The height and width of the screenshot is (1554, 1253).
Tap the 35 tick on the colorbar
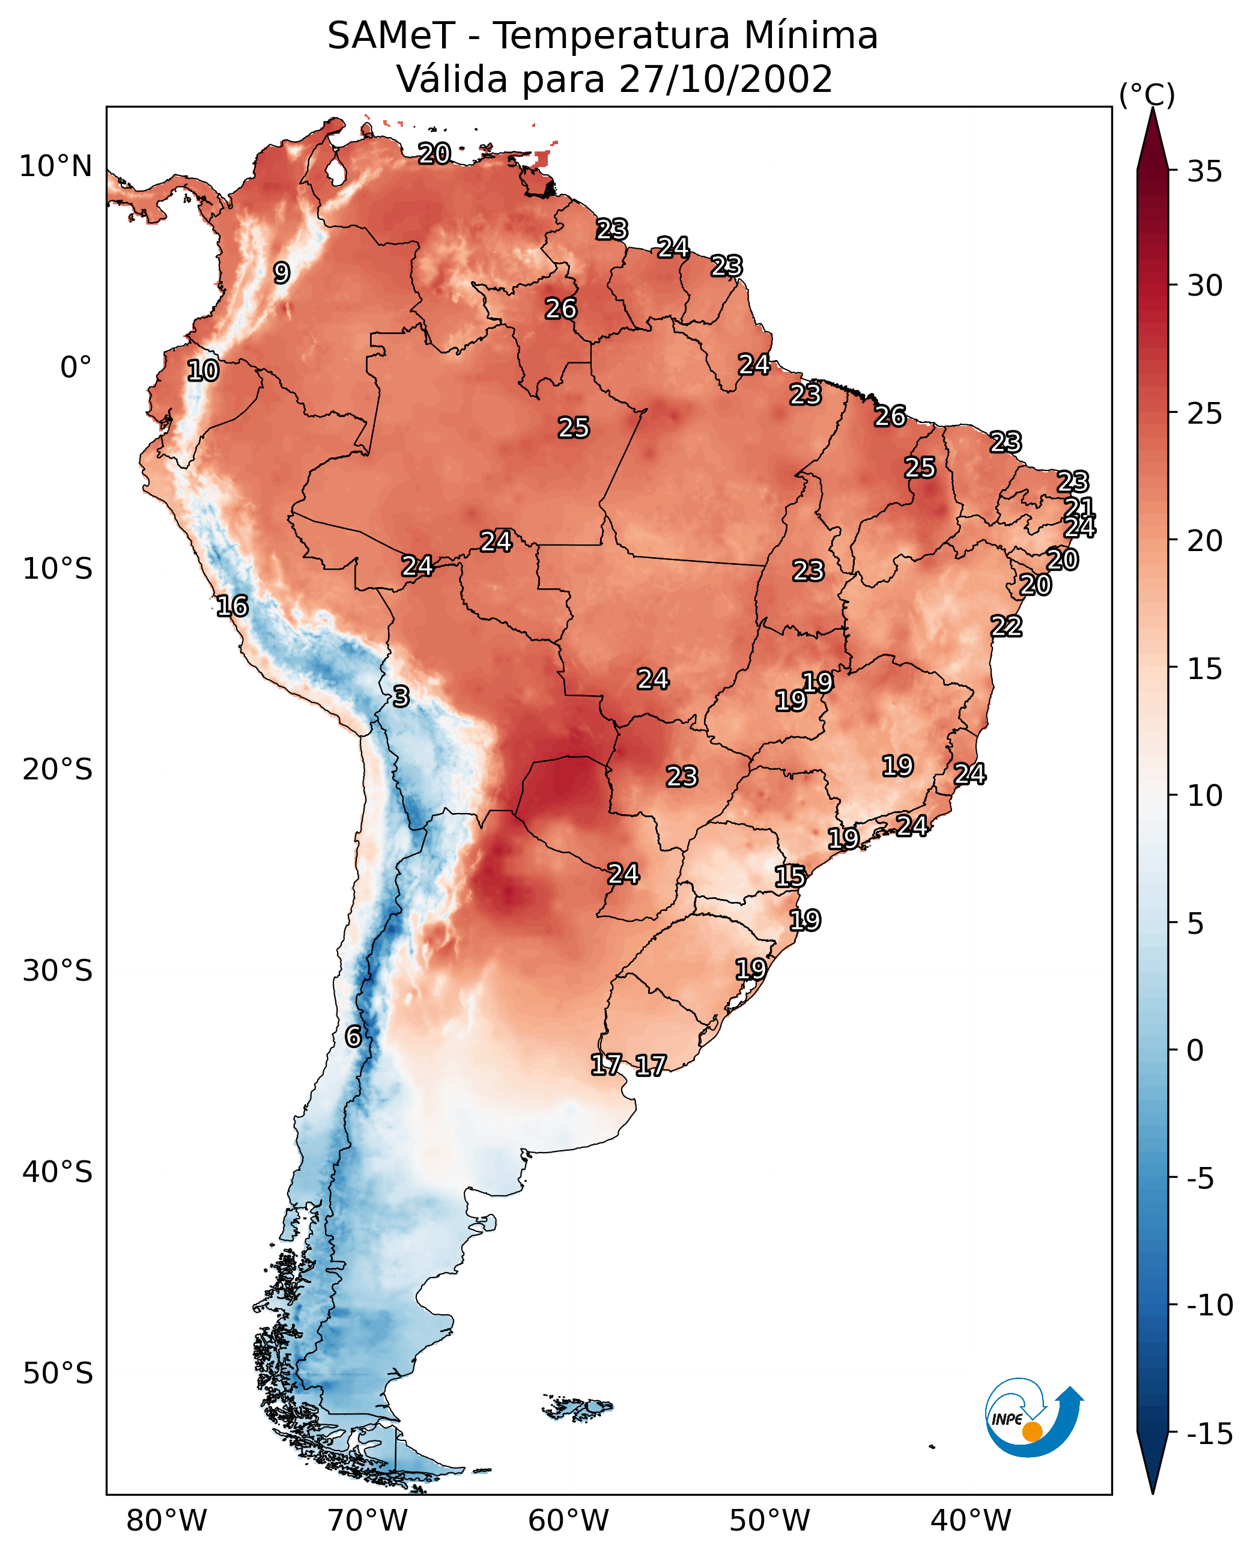click(1204, 172)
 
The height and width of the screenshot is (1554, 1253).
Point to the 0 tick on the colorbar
click(1195, 1050)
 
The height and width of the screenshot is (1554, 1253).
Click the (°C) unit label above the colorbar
click(1147, 94)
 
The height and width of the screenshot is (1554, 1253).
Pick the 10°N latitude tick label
click(56, 167)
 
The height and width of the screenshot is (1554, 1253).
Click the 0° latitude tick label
click(76, 368)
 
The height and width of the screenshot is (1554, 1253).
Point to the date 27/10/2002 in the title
click(726, 79)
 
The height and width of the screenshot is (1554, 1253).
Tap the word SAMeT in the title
click(390, 36)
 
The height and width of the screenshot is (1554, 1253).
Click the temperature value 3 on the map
click(401, 696)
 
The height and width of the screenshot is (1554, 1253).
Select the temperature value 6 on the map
click(353, 1036)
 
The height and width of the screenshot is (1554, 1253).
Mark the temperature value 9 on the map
click(282, 273)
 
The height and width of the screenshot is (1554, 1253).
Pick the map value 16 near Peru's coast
click(232, 606)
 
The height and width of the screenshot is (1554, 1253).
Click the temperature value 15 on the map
click(790, 877)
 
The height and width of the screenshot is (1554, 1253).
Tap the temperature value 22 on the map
click(1006, 626)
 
